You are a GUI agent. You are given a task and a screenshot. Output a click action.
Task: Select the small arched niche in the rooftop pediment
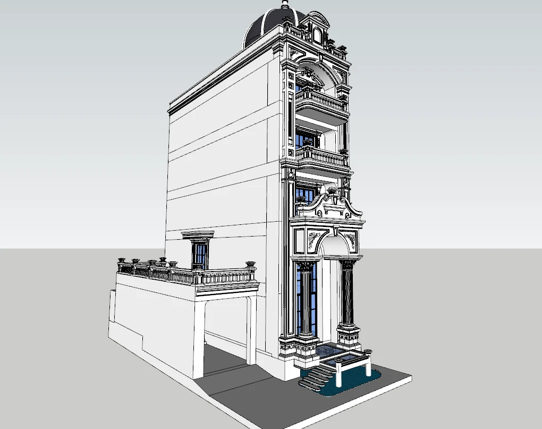pos(318,36)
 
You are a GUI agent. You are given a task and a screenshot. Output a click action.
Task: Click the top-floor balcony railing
pos(321,99)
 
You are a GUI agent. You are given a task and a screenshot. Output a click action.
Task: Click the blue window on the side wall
pos(200,254)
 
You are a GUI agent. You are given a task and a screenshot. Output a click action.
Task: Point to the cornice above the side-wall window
pos(198,234)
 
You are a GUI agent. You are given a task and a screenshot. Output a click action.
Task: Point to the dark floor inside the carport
pos(223,361)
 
